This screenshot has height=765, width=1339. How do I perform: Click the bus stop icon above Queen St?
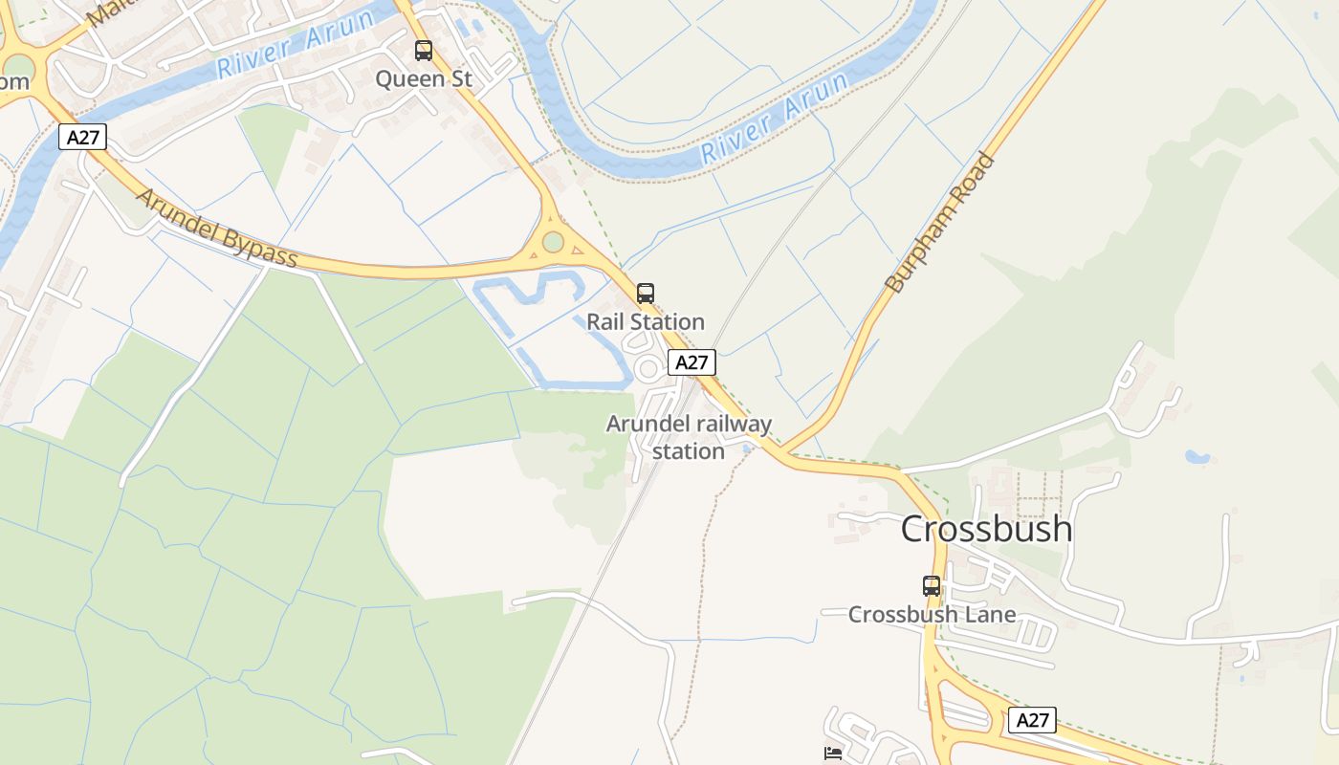(423, 51)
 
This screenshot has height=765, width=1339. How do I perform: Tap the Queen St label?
(423, 79)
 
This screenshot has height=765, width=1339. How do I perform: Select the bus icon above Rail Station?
(646, 294)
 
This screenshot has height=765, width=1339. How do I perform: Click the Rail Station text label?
(646, 322)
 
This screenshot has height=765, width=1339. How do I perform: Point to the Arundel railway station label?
(689, 437)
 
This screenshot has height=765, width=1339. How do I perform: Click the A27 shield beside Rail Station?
(691, 362)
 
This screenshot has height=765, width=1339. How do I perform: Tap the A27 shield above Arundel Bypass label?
(82, 137)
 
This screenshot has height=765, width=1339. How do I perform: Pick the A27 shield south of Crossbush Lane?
(1032, 720)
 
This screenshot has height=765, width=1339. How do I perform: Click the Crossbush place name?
(986, 529)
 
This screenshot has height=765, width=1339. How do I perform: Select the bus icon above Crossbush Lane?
(932, 585)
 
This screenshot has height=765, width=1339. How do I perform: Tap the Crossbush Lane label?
(932, 615)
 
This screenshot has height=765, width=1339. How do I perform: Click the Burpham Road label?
(940, 223)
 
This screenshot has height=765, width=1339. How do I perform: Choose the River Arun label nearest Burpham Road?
(775, 118)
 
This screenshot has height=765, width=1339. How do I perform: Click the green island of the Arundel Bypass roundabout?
(553, 242)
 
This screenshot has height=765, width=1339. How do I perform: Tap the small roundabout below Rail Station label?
(649, 368)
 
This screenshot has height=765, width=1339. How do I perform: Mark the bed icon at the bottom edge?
(833, 754)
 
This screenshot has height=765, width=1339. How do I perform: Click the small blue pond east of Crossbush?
(1196, 457)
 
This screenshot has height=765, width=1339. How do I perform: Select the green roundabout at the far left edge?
(17, 68)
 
